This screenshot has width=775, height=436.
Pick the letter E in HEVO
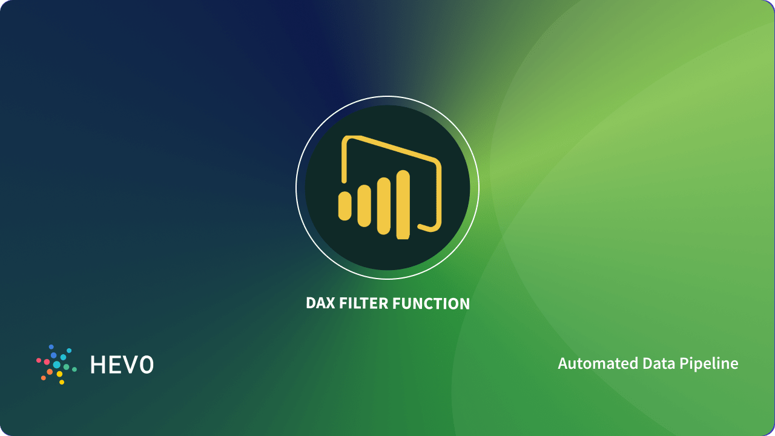[114, 365]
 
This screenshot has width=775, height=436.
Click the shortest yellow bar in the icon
[345, 206]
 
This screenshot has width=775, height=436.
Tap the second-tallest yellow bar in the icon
[384, 206]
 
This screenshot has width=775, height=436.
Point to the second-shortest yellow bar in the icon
[364, 206]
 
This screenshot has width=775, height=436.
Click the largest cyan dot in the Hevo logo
[57, 365]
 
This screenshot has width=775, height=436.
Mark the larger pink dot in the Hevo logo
[47, 362]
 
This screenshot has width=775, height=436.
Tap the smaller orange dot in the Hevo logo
[44, 378]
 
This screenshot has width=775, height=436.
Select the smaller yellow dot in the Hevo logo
[62, 382]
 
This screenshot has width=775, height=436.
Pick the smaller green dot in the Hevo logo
[74, 369]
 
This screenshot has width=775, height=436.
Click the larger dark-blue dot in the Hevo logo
[53, 355]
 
